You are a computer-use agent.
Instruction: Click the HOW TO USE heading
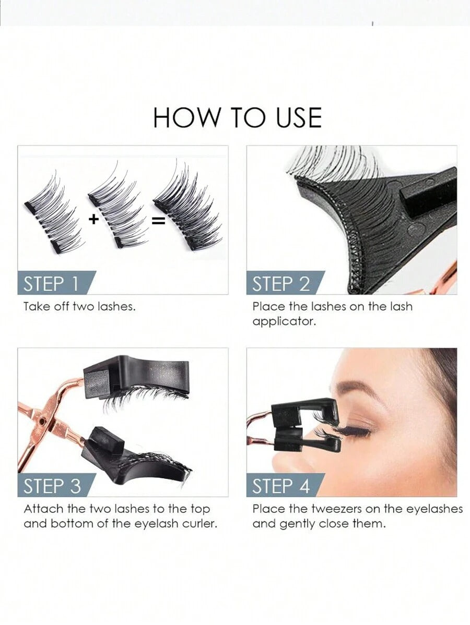click(x=237, y=117)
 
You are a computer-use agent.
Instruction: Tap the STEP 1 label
click(x=51, y=284)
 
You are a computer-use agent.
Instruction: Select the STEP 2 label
click(x=281, y=284)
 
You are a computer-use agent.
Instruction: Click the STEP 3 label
click(x=52, y=486)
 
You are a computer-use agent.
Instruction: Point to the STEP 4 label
click(x=281, y=486)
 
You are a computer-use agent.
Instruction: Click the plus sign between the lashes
click(x=93, y=219)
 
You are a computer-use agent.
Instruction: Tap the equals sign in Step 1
click(x=158, y=221)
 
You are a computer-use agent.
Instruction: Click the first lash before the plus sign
click(x=52, y=214)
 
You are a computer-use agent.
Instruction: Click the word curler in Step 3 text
click(x=199, y=523)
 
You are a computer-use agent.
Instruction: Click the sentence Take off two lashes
click(x=79, y=307)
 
